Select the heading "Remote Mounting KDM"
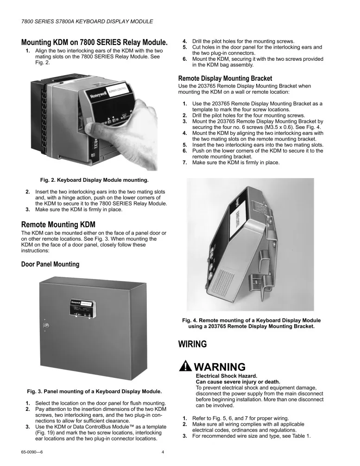point(58,225)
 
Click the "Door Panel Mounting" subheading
point(50,264)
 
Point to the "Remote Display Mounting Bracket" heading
point(225,78)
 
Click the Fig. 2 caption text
point(94,179)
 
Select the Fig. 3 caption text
point(94,391)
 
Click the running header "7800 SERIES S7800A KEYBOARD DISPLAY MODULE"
point(87,22)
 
